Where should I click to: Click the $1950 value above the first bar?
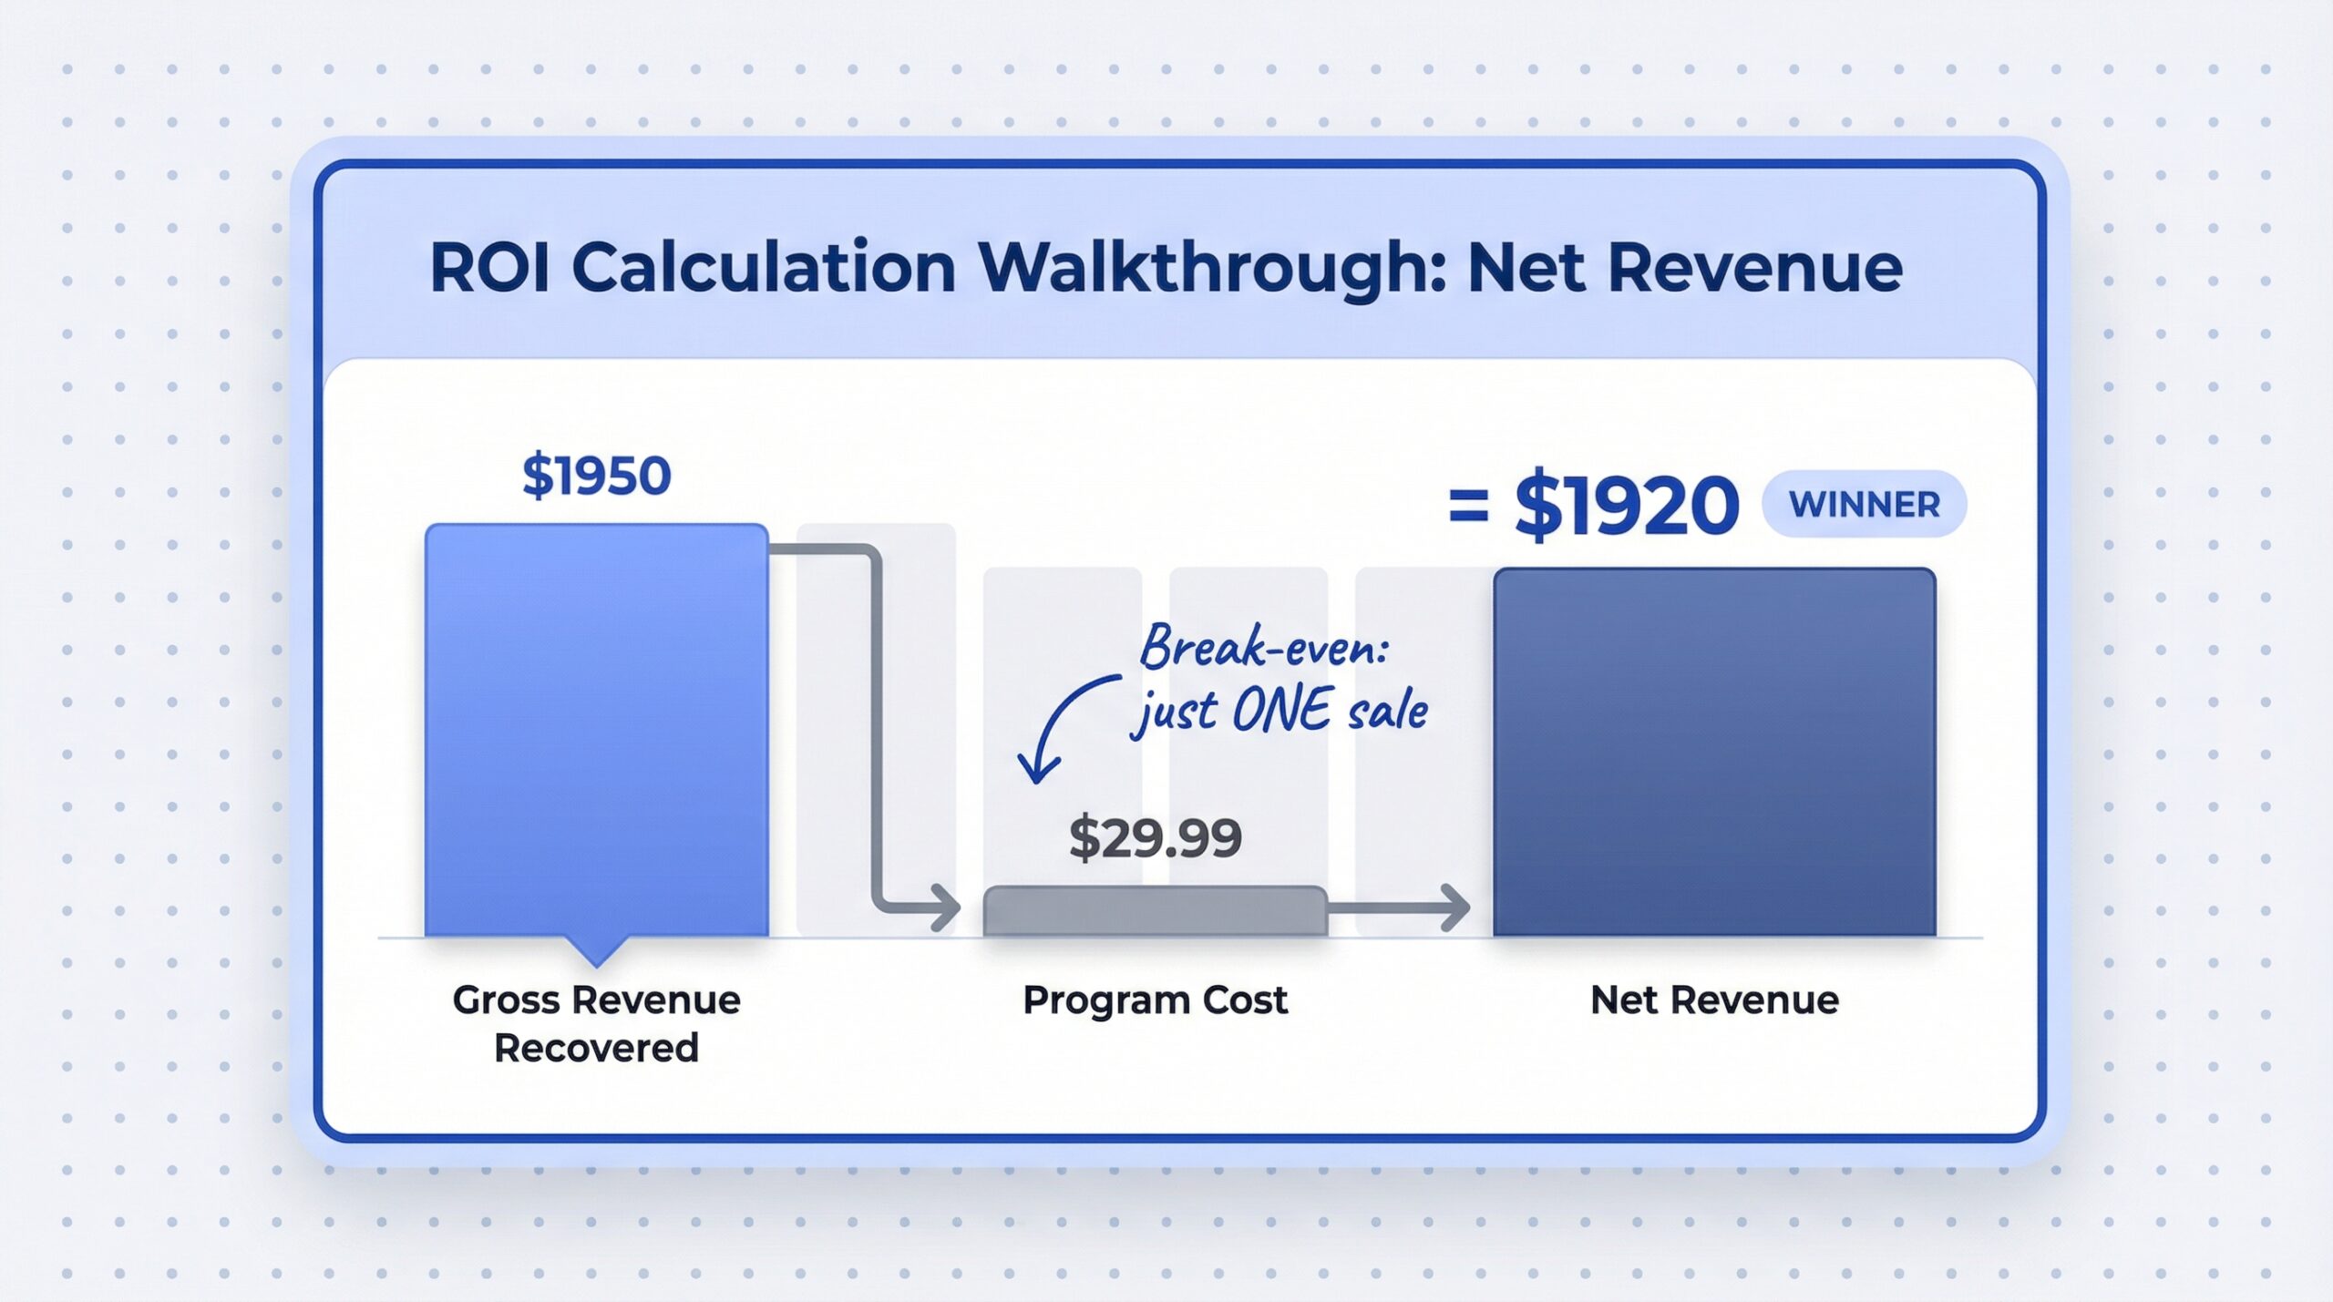[596, 476]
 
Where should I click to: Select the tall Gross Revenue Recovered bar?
[596, 729]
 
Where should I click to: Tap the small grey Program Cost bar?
[1155, 910]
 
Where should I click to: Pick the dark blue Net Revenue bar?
[1714, 752]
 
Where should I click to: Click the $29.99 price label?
[1155, 837]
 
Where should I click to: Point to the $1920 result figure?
[1627, 506]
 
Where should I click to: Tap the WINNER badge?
[1864, 504]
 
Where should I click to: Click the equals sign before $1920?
[1468, 507]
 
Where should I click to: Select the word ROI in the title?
[489, 268]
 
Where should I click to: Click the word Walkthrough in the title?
[1212, 268]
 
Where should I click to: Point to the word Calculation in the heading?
[764, 268]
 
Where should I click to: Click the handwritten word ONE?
[1280, 711]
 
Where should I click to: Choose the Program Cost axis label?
[1155, 1000]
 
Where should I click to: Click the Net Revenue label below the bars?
[1714, 1000]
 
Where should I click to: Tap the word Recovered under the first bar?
[596, 1048]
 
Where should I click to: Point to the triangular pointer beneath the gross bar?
[596, 951]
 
